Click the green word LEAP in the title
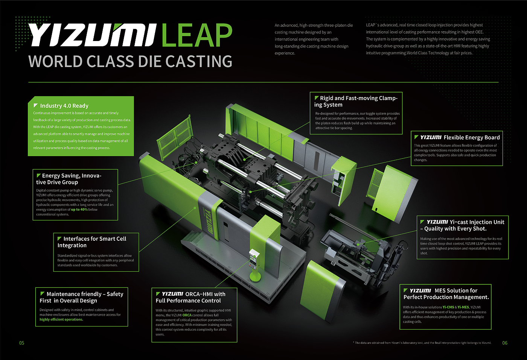196,35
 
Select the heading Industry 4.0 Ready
64,106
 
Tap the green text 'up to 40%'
79,210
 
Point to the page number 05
21,343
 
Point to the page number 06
505,343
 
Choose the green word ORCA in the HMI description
187,315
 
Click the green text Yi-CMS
448,307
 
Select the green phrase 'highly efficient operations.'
61,319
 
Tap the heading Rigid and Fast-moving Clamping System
356,101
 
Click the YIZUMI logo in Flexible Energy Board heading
431,137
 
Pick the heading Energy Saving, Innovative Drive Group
69,179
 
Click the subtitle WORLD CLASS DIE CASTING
130,62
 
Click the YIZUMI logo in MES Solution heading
420,291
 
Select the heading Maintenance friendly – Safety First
82,297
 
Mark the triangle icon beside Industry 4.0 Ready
36,106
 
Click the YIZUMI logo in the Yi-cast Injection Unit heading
437,222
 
